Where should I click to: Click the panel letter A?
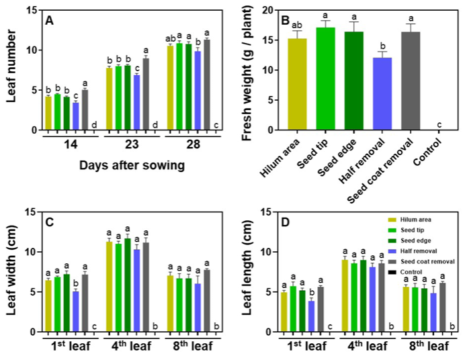[x=49, y=20]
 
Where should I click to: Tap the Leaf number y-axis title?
[x=13, y=70]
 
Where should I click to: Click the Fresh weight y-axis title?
[x=248, y=74]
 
